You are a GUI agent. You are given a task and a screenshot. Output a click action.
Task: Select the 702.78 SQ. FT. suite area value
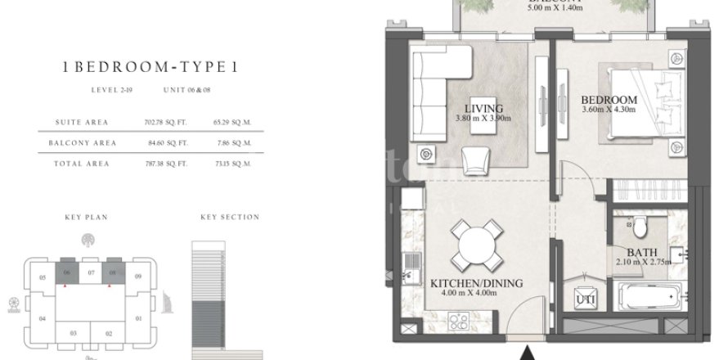tap(160, 123)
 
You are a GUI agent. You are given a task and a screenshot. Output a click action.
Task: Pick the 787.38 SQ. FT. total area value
tap(160, 164)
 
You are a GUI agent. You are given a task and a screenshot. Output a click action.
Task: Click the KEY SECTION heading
tap(230, 218)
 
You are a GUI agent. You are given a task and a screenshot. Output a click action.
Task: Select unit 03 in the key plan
tap(73, 333)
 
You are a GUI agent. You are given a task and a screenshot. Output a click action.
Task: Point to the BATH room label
tap(638, 252)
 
